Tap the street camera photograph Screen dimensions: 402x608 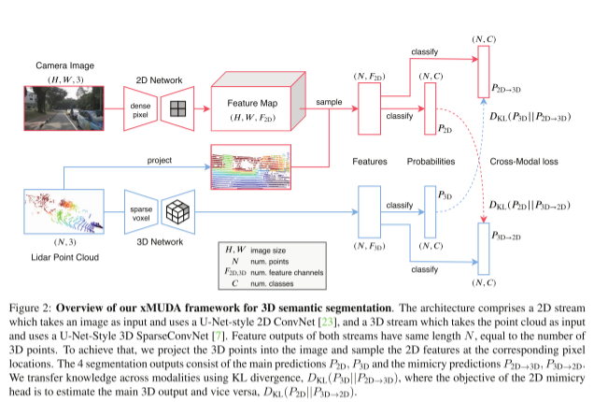click(x=63, y=110)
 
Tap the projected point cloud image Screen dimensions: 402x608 click(x=252, y=168)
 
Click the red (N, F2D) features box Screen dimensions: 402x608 click(x=370, y=110)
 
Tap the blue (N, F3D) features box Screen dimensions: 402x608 click(x=370, y=212)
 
